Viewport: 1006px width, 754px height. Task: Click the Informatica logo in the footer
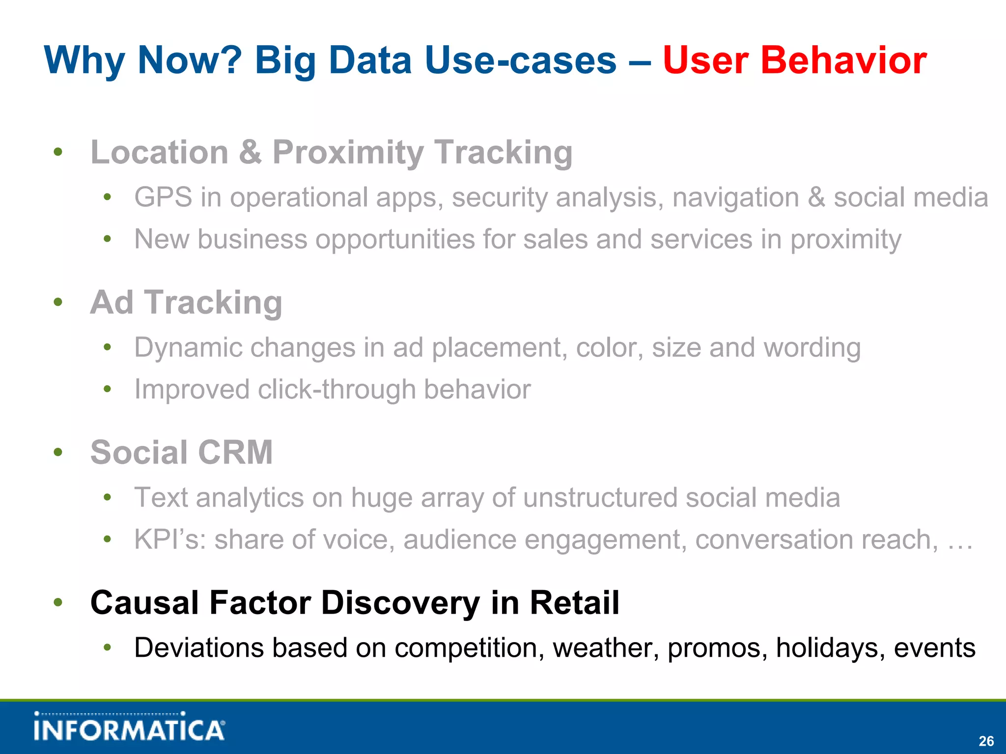[x=129, y=727]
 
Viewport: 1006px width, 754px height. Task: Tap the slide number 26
[x=986, y=741]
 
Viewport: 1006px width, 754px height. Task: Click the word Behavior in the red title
[x=843, y=60]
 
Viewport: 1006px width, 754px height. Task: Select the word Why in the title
[x=84, y=60]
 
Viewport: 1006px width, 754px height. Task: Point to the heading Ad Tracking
[x=186, y=302]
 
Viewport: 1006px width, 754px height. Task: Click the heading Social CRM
[x=181, y=452]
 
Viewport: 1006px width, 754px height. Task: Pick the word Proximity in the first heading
[x=348, y=153]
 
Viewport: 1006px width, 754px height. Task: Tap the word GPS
[x=163, y=198]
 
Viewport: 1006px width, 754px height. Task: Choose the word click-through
[x=336, y=390]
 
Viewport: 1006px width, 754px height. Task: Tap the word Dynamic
[x=188, y=348]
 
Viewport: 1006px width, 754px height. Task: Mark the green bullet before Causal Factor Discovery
[x=58, y=602]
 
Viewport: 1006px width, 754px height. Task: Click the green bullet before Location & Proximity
[x=58, y=152]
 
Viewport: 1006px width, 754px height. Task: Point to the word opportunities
[x=394, y=240]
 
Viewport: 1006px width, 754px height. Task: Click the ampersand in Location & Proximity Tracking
[x=250, y=153]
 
